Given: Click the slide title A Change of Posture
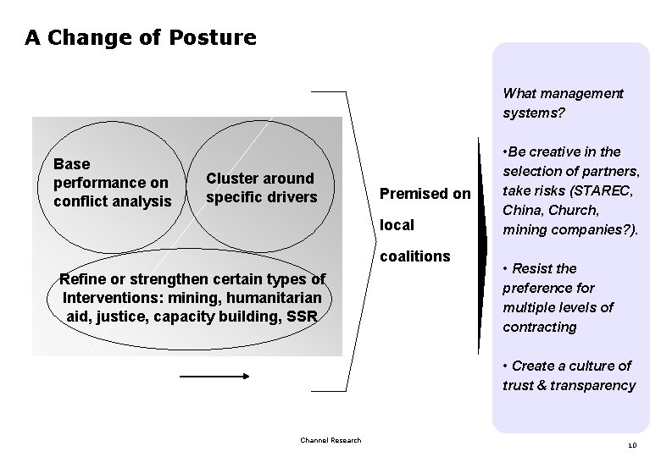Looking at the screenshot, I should coord(140,37).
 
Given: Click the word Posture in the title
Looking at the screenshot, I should coord(213,37).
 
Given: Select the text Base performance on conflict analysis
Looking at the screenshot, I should coord(111,182).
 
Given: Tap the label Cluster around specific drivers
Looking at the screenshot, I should coord(260,188).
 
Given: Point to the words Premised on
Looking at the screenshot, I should coord(424,194).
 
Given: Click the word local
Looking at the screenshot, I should coord(397,226).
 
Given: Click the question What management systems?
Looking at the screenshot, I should coord(563,102).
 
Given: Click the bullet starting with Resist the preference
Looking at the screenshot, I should coord(558,297).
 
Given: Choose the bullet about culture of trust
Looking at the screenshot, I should coord(568,375).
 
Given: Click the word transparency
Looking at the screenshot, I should coord(593,385).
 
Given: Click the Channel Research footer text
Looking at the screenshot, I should coord(330,439).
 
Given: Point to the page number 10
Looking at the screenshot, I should coord(631,445).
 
